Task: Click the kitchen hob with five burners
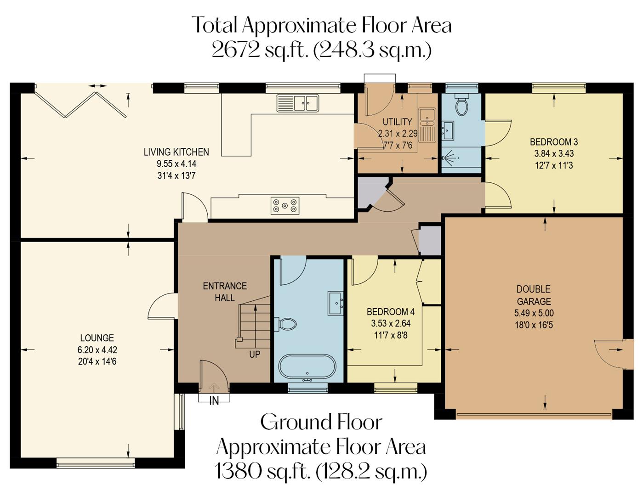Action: tap(285, 205)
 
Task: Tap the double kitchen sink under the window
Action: tap(297, 103)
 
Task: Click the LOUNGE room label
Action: tap(97, 338)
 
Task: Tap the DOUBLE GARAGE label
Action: tap(534, 295)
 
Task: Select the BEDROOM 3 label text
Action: tap(554, 142)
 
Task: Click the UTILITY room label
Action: tap(397, 122)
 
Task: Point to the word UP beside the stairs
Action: tap(255, 354)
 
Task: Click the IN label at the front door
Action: tap(214, 400)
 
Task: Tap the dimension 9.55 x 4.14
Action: tap(176, 163)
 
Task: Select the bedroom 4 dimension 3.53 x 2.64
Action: tap(390, 323)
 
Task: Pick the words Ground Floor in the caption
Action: tap(321, 422)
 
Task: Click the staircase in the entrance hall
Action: tap(254, 321)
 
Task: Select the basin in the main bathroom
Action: tap(336, 303)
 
